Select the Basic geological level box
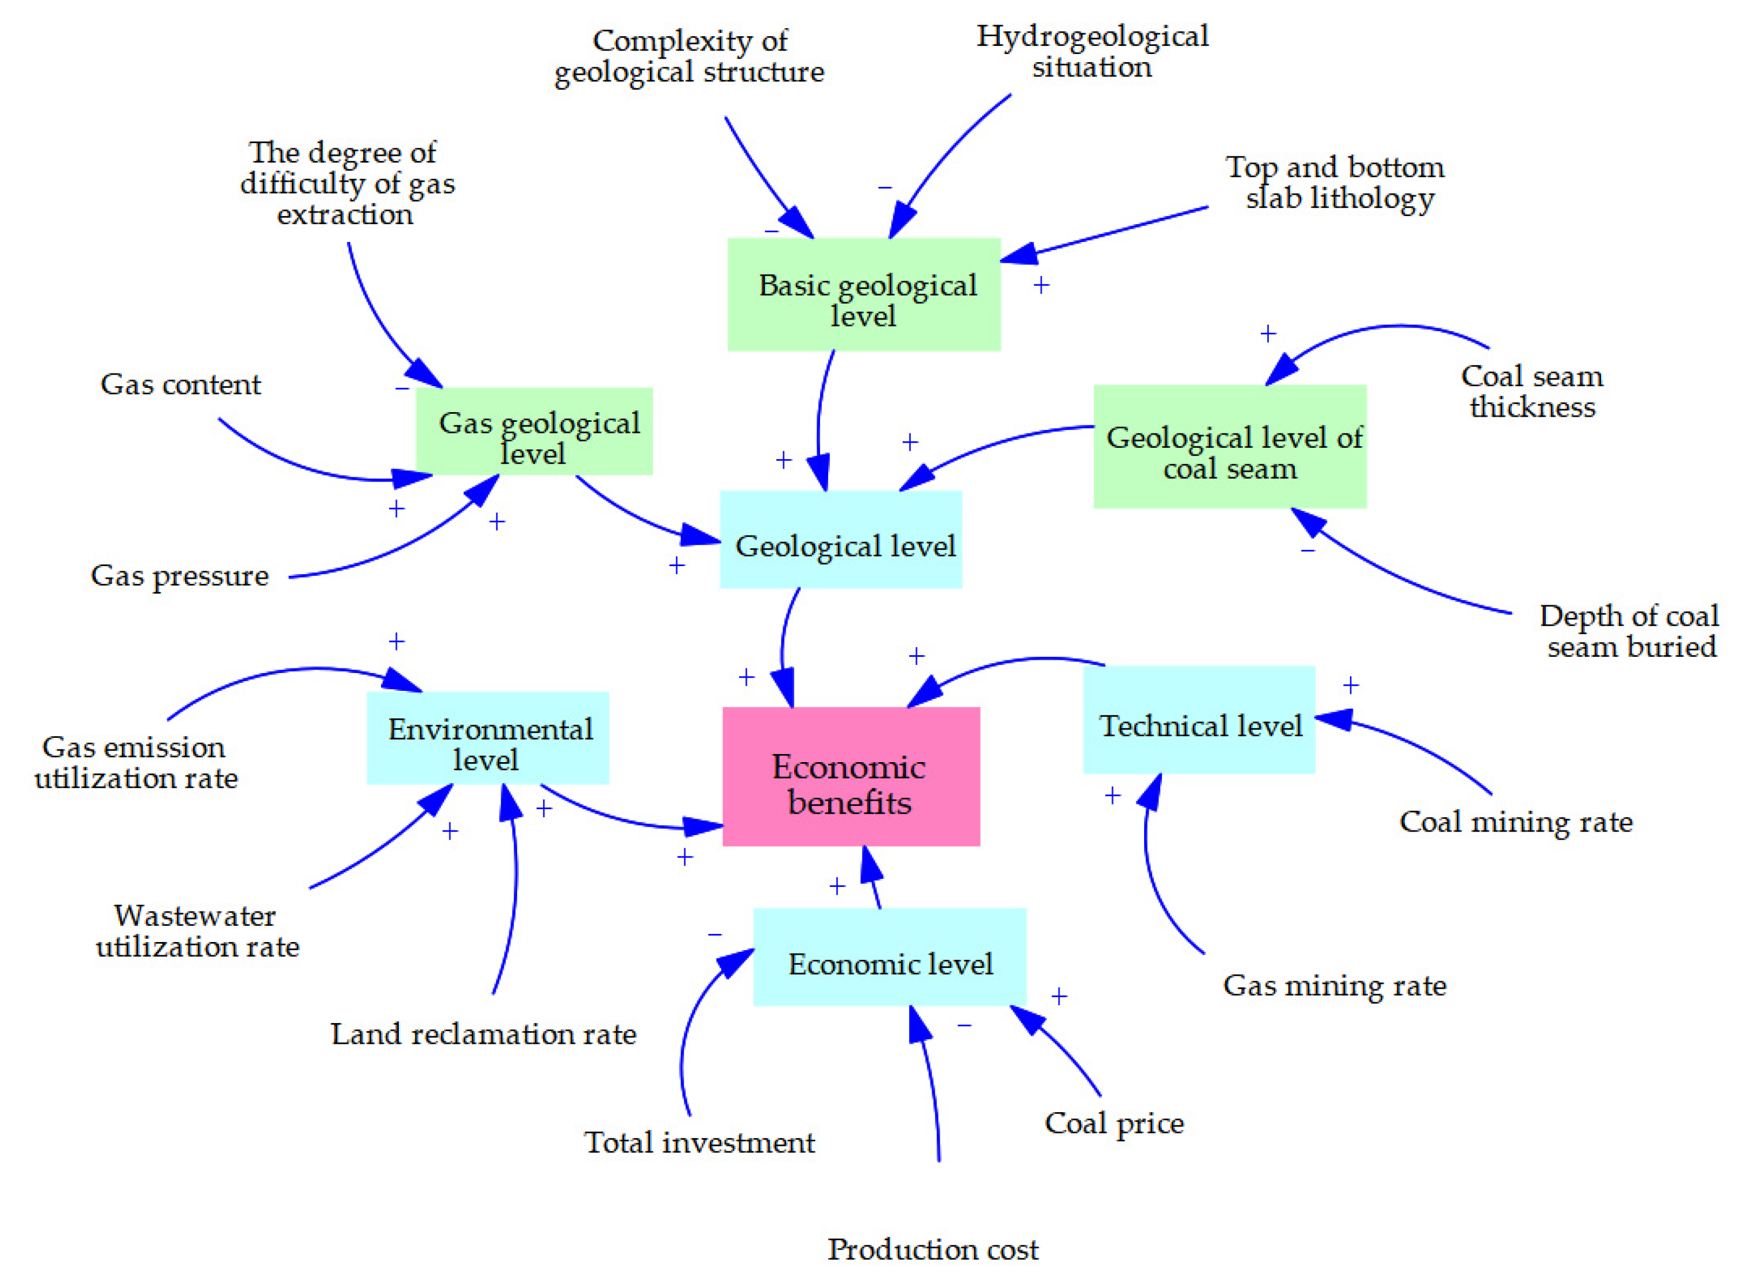(863, 295)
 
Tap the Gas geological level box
(534, 432)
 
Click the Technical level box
(1198, 719)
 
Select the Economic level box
(889, 957)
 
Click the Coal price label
(1113, 1123)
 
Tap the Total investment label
(699, 1143)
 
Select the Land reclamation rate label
(483, 1034)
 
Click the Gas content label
(180, 384)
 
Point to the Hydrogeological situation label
(1091, 51)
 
